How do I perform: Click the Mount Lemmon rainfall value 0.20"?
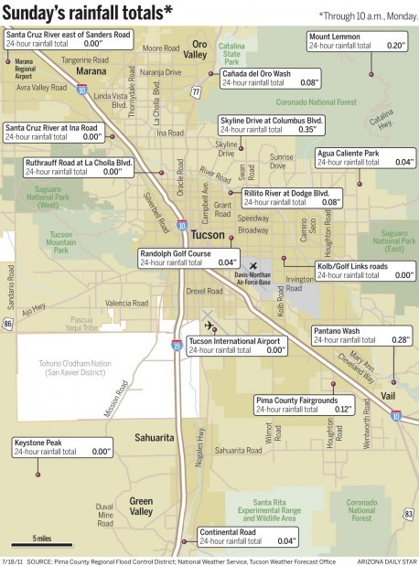[x=394, y=44]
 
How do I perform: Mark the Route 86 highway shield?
[x=8, y=323]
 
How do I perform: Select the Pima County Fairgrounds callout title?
[x=296, y=400]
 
